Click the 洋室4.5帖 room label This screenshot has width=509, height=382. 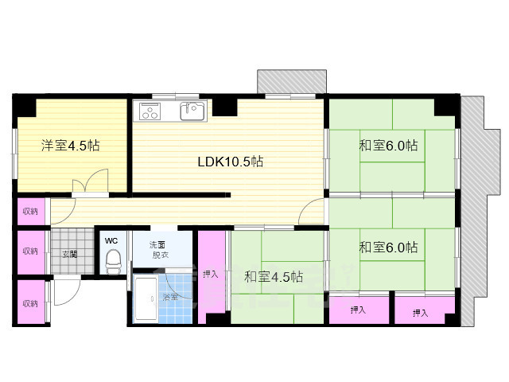[70, 145]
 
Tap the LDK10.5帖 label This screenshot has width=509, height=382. [230, 161]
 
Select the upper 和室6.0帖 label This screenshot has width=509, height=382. [388, 145]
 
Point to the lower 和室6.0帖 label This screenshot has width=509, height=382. [388, 248]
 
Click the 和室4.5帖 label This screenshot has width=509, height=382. [274, 277]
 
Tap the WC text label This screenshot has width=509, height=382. [111, 241]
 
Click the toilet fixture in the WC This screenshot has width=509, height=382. [113, 261]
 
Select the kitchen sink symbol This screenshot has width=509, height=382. [192, 111]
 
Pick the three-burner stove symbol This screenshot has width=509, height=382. [150, 111]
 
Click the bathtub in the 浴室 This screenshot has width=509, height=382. [146, 298]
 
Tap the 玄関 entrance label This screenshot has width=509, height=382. [70, 254]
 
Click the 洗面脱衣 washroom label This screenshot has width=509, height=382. [157, 250]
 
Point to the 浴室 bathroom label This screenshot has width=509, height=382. [170, 297]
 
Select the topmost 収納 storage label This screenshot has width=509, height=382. [30, 212]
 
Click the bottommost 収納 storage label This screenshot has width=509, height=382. [30, 303]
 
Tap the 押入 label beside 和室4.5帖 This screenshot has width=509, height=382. [210, 274]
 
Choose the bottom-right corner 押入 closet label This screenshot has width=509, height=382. [421, 313]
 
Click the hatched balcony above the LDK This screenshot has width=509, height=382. [292, 81]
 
